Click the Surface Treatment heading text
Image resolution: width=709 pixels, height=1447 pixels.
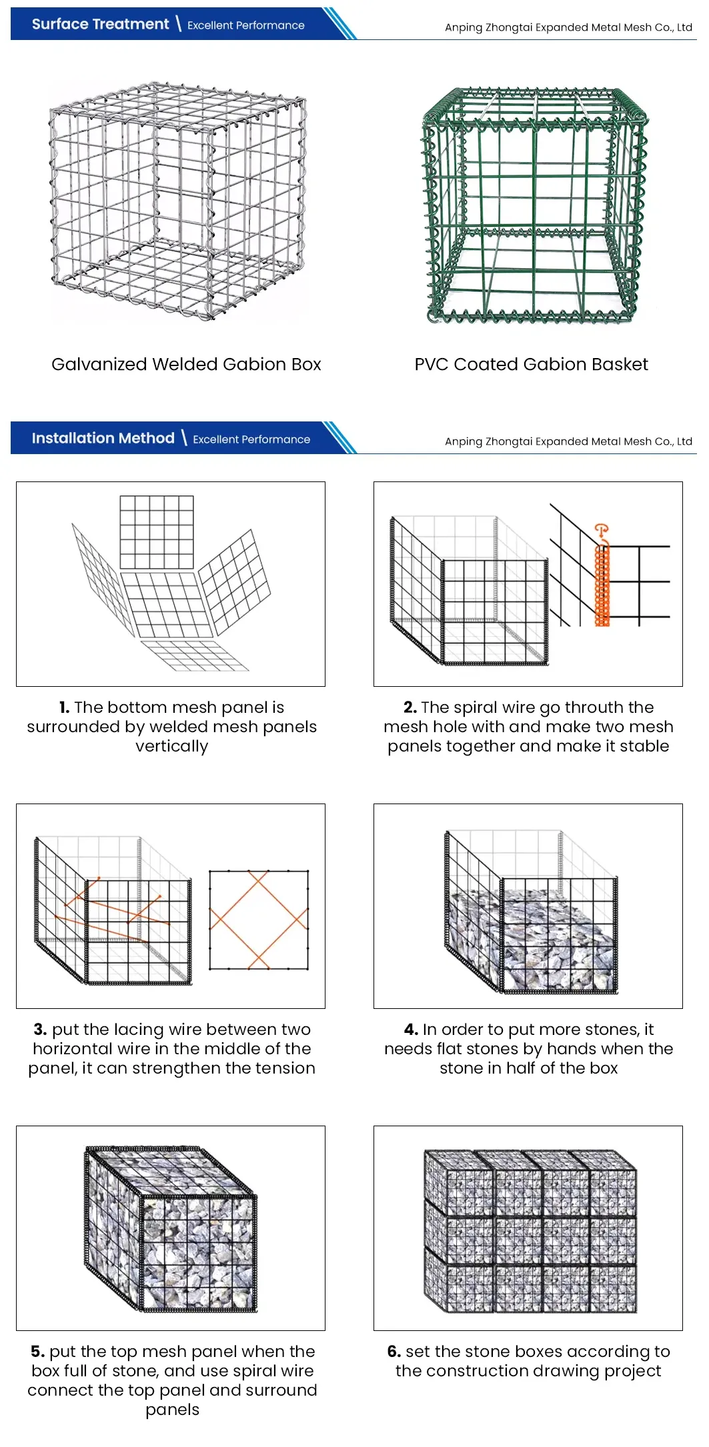coord(100,25)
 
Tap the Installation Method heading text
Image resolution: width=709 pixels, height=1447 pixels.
coord(103,438)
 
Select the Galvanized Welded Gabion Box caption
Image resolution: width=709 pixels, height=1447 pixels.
coord(186,364)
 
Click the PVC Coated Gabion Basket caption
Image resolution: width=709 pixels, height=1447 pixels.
coord(531,364)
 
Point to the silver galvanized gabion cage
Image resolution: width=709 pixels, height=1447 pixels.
coord(178,200)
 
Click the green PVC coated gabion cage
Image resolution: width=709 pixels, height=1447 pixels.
coord(534,207)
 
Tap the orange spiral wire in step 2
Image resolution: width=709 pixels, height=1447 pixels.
coord(602,587)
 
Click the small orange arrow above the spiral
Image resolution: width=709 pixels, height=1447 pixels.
coord(601,531)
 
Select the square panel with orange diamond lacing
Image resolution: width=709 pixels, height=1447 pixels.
coord(259,920)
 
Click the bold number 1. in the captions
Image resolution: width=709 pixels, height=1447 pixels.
coord(64,707)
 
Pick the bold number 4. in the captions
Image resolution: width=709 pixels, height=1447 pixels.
coord(411,1030)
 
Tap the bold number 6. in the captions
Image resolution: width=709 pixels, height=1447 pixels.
coord(394,1352)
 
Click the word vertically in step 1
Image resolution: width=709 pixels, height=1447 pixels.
coord(171,746)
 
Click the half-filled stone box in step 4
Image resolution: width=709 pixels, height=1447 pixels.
coord(530,914)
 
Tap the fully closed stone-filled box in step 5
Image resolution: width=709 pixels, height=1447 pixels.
coord(171,1230)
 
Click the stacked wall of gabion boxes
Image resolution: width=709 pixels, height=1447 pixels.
coord(530,1230)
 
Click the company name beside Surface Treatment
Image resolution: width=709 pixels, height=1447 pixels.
coord(568,27)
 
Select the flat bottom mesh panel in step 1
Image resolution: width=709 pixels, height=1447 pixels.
coord(195,655)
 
